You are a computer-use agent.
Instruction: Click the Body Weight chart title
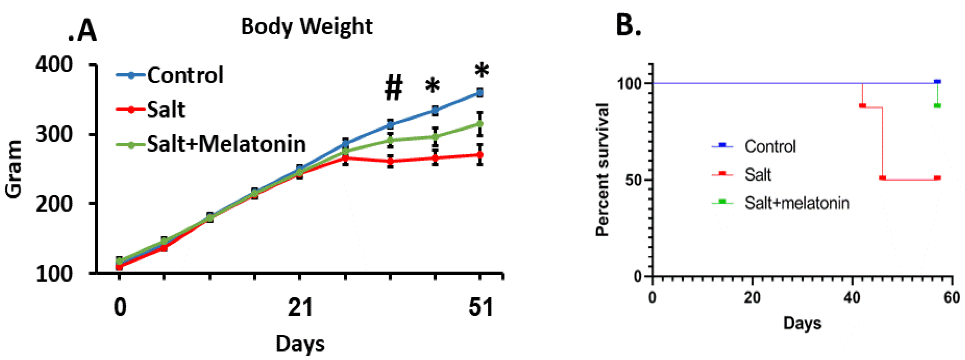pyautogui.click(x=306, y=27)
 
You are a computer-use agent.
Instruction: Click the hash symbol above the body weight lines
pyautogui.click(x=393, y=88)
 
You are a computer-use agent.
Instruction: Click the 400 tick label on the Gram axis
pyautogui.click(x=54, y=65)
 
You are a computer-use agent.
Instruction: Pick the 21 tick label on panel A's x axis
pyautogui.click(x=300, y=307)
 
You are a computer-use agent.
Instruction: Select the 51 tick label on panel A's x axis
pyautogui.click(x=481, y=307)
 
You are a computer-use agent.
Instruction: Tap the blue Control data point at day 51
pyautogui.click(x=480, y=93)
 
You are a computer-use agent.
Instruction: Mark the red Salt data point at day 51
pyautogui.click(x=480, y=155)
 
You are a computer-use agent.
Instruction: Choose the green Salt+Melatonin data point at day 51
pyautogui.click(x=480, y=123)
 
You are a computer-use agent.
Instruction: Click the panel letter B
pyautogui.click(x=628, y=25)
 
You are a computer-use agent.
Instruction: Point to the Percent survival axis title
pyautogui.click(x=602, y=169)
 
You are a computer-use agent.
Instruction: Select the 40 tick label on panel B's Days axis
pyautogui.click(x=852, y=298)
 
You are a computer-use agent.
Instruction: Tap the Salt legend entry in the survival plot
pyautogui.click(x=758, y=174)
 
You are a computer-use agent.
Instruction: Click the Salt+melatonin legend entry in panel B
pyautogui.click(x=796, y=203)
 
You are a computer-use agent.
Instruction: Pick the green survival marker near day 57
pyautogui.click(x=937, y=106)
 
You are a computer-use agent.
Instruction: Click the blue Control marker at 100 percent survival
pyautogui.click(x=937, y=81)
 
